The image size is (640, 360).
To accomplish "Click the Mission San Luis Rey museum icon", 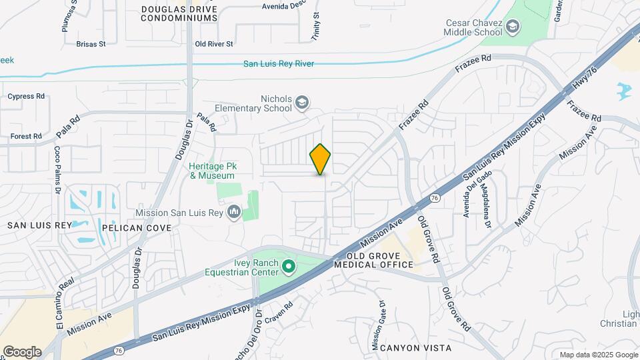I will pyautogui.click(x=234, y=213).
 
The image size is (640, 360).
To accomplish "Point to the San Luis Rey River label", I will pyautogui.click(x=278, y=64).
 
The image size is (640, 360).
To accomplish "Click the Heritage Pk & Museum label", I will pyautogui.click(x=213, y=171).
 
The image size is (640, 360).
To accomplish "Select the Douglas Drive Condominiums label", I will pyautogui.click(x=179, y=13).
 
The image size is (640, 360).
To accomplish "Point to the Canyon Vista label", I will pyautogui.click(x=411, y=348).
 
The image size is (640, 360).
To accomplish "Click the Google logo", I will pyautogui.click(x=21, y=352).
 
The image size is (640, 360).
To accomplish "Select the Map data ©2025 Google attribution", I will pyautogui.click(x=598, y=355).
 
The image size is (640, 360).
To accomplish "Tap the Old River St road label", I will pyautogui.click(x=213, y=44).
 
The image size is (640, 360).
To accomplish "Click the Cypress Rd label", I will pyautogui.click(x=26, y=96).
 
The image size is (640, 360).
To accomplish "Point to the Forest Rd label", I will pyautogui.click(x=26, y=136).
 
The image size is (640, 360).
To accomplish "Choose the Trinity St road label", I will pyautogui.click(x=316, y=25).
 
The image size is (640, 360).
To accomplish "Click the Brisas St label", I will pyautogui.click(x=91, y=44).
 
